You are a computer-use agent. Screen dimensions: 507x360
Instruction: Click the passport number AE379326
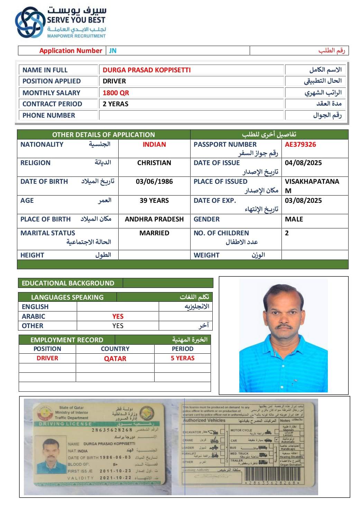point(300,145)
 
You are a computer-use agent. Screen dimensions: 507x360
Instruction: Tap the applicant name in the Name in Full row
point(146,70)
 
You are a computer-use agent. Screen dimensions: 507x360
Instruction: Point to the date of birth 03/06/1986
point(154,182)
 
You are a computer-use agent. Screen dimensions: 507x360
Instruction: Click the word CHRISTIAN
point(154,163)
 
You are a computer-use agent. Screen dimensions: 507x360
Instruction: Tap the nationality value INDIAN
point(154,145)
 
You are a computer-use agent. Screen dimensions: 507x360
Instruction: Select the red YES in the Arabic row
point(118,316)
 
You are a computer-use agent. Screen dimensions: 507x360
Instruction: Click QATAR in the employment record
point(115,359)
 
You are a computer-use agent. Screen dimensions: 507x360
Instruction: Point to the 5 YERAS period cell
point(182,358)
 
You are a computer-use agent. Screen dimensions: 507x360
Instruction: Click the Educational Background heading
point(68,283)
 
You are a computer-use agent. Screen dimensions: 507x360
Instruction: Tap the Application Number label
point(71,51)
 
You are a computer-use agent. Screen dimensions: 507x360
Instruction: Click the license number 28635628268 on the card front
point(112,430)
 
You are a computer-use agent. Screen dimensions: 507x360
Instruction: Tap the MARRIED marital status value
point(154,233)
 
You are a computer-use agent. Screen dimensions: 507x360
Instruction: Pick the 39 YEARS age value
point(154,201)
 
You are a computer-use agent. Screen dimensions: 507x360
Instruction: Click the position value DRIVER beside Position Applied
point(114,81)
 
